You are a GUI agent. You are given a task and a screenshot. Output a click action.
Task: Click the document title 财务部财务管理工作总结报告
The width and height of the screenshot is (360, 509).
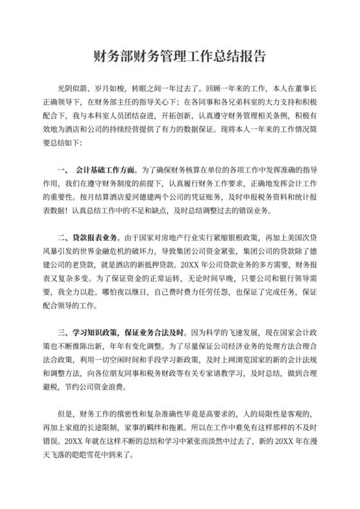point(179,56)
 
